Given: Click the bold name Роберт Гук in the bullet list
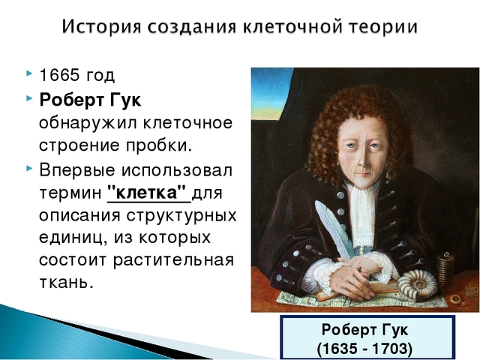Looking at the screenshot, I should pos(90,100).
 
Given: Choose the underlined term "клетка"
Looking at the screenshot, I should pos(148,193).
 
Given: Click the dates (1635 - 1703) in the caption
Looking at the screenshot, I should pos(365,349).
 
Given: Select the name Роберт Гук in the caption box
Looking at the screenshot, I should pos(365,331).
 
